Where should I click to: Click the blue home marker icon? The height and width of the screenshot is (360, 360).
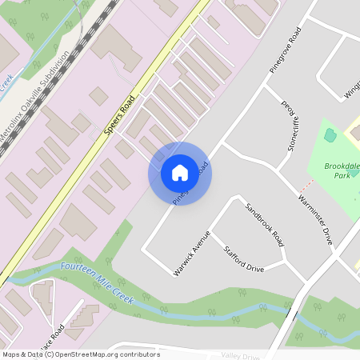click(180, 172)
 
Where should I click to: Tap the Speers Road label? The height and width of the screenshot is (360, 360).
click(118, 121)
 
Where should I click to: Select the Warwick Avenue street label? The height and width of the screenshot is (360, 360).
click(191, 254)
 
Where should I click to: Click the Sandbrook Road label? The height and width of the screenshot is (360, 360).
click(266, 223)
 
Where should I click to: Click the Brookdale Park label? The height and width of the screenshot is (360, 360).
click(342, 170)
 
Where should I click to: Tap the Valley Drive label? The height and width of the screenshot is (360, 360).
click(241, 356)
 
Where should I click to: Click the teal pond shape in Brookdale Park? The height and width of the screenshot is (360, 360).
click(330, 135)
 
